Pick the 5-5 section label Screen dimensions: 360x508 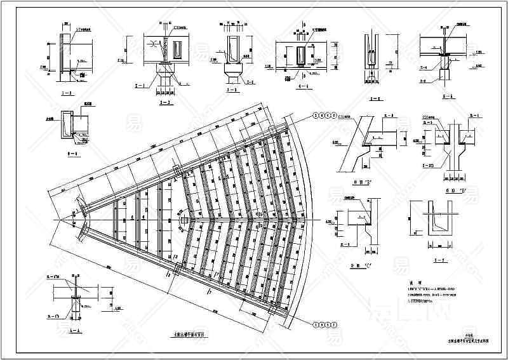click(375, 98)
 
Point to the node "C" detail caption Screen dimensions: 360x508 click(360, 260)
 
